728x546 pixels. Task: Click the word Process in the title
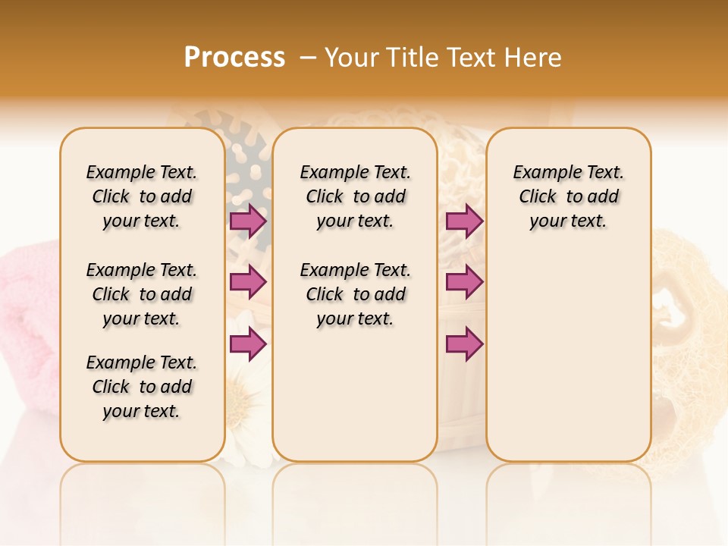tap(234, 58)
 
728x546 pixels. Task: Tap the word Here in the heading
tap(534, 58)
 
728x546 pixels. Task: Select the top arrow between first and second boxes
tap(248, 221)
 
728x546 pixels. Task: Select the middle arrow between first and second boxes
tap(248, 282)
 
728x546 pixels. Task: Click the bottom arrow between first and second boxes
tap(248, 344)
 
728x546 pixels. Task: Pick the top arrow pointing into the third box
tap(464, 221)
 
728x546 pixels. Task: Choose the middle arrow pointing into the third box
tap(464, 282)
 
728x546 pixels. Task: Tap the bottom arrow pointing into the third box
tap(464, 344)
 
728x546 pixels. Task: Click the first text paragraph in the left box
tap(142, 196)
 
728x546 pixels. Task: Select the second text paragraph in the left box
tap(142, 294)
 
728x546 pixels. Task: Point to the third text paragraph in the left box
tap(142, 387)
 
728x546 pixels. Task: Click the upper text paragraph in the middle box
tap(355, 196)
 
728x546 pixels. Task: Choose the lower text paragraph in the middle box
tap(355, 294)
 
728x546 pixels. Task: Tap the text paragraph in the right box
tap(568, 196)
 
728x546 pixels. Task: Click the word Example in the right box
tap(541, 173)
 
